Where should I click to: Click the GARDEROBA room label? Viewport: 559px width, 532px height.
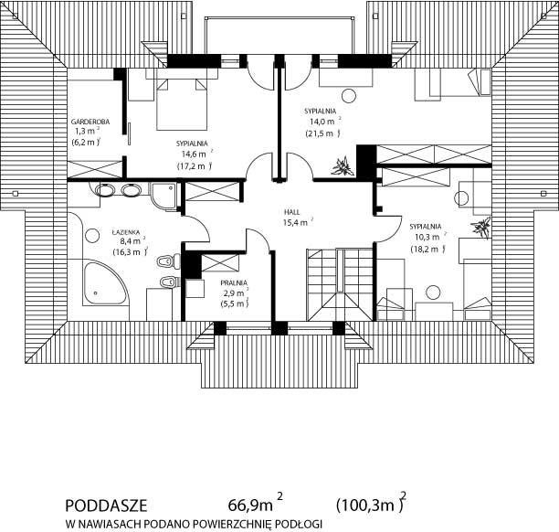click(x=90, y=122)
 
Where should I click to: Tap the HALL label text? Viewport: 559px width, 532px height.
click(x=292, y=212)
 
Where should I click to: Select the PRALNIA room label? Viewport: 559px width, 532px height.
click(x=234, y=283)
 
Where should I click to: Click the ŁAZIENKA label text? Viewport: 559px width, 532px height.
click(x=126, y=232)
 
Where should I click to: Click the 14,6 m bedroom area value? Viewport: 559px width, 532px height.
click(x=194, y=154)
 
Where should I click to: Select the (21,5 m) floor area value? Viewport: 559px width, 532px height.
click(x=322, y=133)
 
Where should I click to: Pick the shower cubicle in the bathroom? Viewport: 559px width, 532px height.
click(x=163, y=196)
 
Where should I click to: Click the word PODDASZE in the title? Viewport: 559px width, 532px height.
click(x=106, y=505)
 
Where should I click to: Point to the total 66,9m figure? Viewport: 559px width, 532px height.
click(x=250, y=505)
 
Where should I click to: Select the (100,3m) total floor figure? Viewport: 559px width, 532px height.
click(x=370, y=505)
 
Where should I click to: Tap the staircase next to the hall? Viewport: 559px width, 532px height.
click(x=340, y=284)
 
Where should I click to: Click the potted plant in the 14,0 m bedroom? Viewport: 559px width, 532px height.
click(x=342, y=166)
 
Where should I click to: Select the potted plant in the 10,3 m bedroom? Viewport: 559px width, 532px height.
click(x=481, y=227)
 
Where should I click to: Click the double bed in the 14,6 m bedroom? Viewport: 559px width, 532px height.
click(x=182, y=104)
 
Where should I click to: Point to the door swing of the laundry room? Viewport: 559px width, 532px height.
click(x=260, y=239)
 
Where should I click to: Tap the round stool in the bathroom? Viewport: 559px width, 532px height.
click(x=92, y=236)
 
